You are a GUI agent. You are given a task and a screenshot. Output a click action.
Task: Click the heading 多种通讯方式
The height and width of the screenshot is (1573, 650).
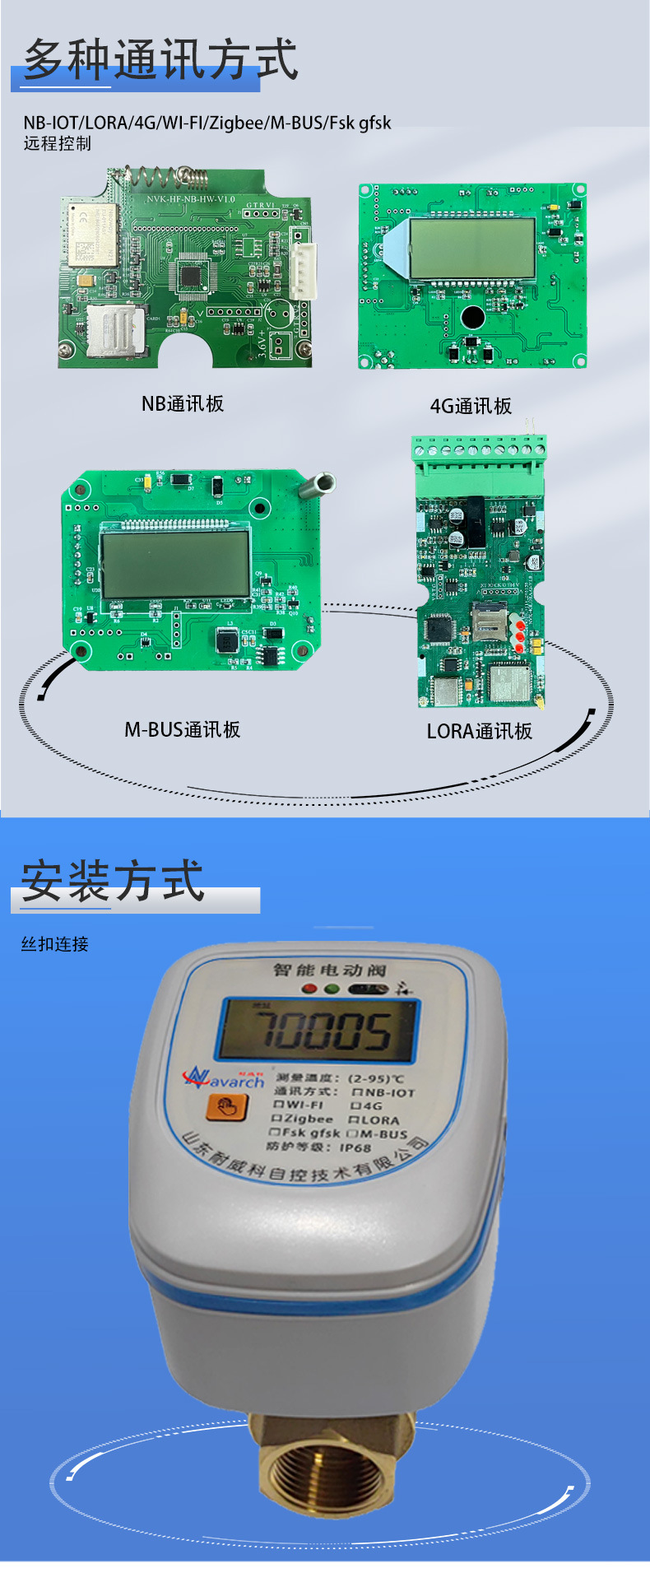[160, 60]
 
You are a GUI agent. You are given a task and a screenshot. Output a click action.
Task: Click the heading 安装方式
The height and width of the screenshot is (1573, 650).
[112, 881]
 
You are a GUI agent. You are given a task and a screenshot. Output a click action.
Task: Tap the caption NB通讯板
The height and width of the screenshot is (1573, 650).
[183, 403]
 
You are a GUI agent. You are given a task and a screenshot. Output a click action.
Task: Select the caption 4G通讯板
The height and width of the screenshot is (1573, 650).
[471, 406]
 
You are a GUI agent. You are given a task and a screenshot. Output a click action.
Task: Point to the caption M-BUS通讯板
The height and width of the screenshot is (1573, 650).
[182, 729]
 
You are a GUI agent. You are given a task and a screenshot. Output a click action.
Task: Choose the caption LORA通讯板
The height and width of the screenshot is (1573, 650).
[479, 731]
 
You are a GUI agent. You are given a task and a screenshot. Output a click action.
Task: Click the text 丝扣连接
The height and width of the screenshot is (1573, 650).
[54, 944]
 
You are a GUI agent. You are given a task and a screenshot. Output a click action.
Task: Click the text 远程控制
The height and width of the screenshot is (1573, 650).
[57, 143]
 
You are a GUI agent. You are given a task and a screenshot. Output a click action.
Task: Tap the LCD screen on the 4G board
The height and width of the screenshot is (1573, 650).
[472, 248]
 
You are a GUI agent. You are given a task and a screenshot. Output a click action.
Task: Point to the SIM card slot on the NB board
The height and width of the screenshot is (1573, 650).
[115, 330]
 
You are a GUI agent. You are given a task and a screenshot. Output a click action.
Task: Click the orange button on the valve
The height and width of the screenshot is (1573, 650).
[226, 1107]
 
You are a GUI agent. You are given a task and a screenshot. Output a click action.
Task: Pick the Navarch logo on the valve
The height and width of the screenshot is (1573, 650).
[223, 1078]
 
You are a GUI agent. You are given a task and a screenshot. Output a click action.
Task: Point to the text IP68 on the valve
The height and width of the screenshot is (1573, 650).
[355, 1147]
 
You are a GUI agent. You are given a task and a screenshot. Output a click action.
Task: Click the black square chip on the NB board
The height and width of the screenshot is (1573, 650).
[191, 275]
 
